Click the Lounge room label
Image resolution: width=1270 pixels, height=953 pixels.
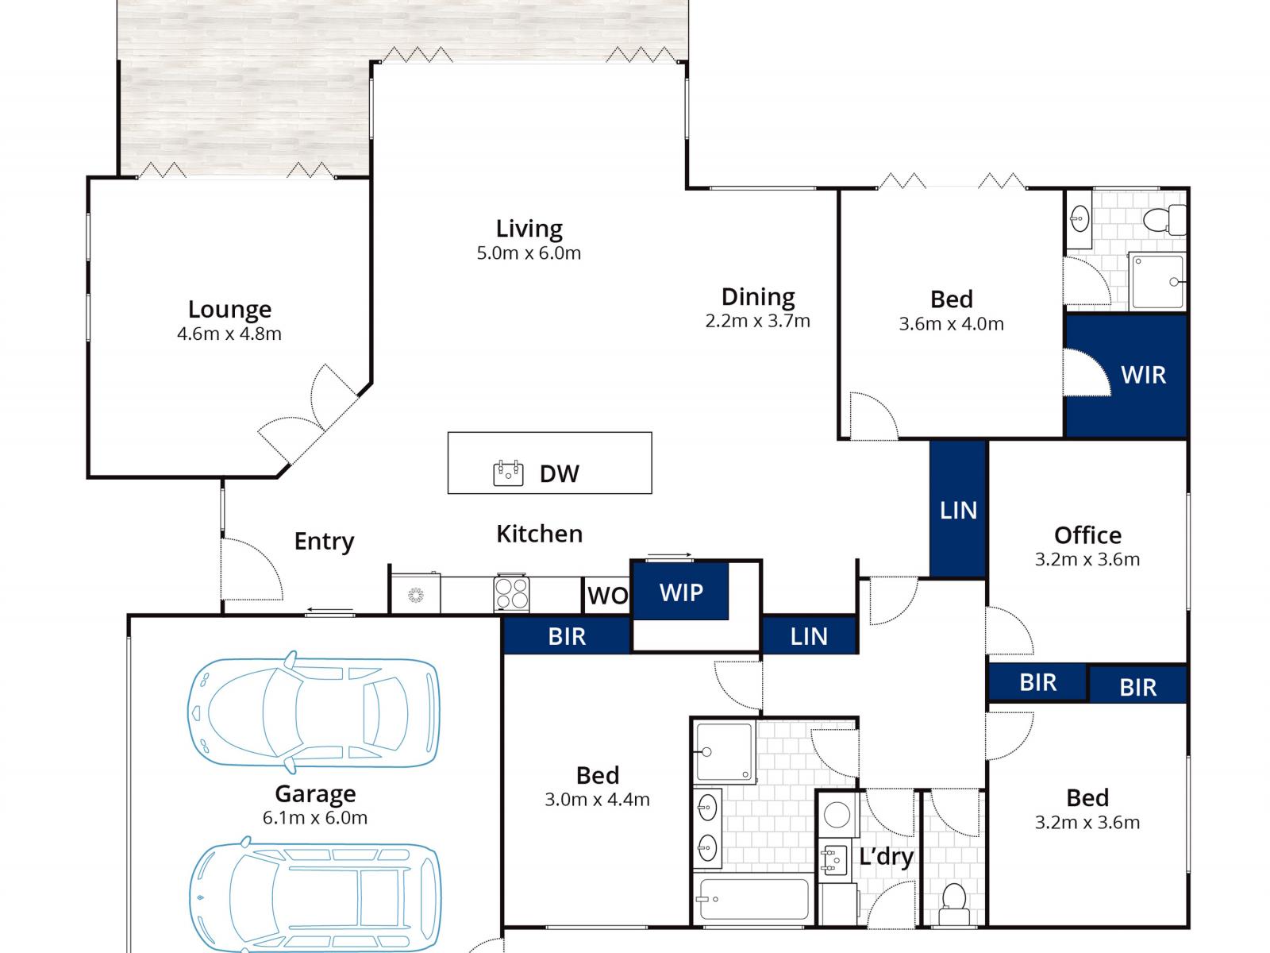(x=229, y=310)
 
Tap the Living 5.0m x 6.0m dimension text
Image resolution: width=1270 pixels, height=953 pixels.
(x=529, y=253)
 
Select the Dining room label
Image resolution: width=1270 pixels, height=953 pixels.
(x=758, y=297)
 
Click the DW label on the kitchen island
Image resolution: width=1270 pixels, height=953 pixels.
(x=559, y=474)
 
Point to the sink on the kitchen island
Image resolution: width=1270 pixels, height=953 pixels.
(x=508, y=473)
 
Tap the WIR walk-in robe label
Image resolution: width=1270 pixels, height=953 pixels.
(x=1143, y=375)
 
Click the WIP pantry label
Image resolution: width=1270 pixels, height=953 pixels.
(x=681, y=592)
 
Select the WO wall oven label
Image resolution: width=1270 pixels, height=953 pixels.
(x=607, y=596)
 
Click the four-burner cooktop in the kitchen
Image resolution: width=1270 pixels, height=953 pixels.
(x=511, y=593)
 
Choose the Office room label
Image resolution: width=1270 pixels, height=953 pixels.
(x=1087, y=535)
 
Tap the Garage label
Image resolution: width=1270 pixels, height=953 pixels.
(x=315, y=794)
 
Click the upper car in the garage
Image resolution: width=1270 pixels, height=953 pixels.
(x=314, y=712)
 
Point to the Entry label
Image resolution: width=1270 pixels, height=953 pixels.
(x=324, y=542)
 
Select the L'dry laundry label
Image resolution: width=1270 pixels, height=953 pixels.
(x=886, y=856)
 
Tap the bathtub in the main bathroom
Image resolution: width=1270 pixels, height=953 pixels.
(x=753, y=899)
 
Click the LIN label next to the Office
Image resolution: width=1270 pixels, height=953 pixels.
(x=958, y=511)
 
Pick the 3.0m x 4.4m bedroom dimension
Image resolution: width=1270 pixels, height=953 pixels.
(x=597, y=800)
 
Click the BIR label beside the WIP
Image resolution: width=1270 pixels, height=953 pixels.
(x=567, y=636)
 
